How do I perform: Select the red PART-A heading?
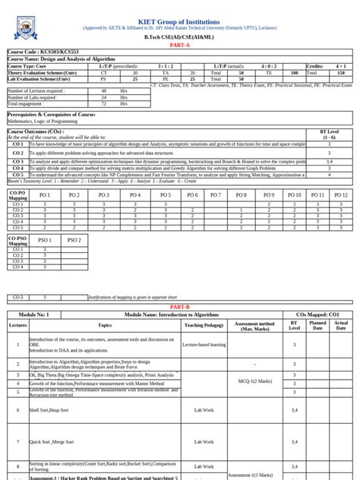[x=179, y=46]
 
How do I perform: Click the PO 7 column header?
[x=216, y=195]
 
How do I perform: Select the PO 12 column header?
[x=341, y=195]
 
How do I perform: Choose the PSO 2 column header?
[x=74, y=240]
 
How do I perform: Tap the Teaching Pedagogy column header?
[x=204, y=324]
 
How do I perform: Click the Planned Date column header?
[x=317, y=324]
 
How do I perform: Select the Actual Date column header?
[x=341, y=324]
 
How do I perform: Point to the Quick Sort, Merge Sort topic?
[x=52, y=441]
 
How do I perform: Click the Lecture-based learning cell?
[x=204, y=344]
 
